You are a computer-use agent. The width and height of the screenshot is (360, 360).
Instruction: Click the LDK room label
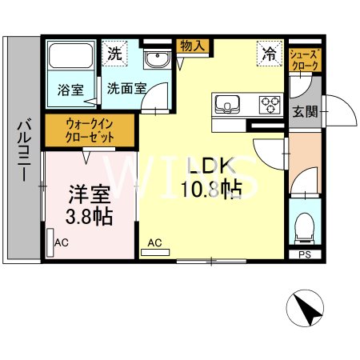pyautogui.click(x=210, y=166)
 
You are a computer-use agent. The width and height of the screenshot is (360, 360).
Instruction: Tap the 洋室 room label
pyautogui.click(x=87, y=194)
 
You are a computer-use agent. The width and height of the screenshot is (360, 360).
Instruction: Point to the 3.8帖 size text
pyautogui.click(x=88, y=216)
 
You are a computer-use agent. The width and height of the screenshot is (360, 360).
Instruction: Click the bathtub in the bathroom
pyautogui.click(x=70, y=58)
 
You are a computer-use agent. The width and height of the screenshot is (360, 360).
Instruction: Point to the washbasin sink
pyautogui.click(x=158, y=60)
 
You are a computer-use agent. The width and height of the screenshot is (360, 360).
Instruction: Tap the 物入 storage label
pyautogui.click(x=192, y=46)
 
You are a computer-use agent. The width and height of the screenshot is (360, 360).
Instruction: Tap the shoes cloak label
pyautogui.click(x=305, y=59)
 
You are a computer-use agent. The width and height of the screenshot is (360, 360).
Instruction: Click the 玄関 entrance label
pyautogui.click(x=305, y=110)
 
